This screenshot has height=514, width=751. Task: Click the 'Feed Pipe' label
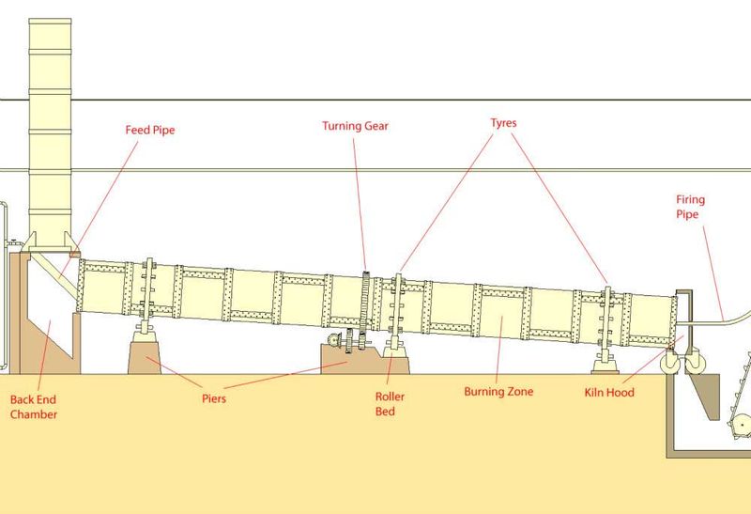point(150,131)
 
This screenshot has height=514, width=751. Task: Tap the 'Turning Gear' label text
point(355,127)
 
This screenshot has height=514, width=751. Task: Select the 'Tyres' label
point(503,123)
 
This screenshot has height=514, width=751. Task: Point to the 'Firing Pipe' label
point(690,207)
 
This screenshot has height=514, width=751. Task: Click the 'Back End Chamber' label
point(33,407)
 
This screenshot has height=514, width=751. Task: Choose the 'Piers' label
point(214,399)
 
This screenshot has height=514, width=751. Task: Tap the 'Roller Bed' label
point(390,404)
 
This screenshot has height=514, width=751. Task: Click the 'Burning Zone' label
point(498,392)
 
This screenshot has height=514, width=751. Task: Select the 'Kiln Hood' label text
point(608,393)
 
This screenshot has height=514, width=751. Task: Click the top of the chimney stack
point(50,21)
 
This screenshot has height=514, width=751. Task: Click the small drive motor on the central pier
point(333,339)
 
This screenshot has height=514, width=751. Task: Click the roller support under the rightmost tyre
point(605,363)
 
